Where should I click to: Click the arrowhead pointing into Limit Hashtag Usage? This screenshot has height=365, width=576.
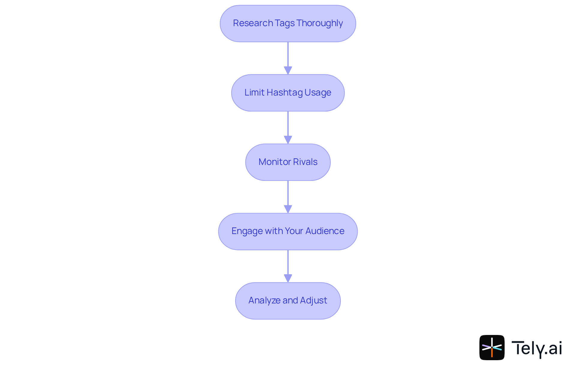click(x=288, y=71)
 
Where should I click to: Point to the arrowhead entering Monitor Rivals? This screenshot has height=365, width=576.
click(x=288, y=140)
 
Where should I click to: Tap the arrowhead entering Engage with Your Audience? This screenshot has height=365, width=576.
click(x=288, y=209)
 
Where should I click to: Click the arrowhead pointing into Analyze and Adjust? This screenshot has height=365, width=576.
click(x=288, y=278)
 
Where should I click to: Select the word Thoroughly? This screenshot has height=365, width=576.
click(x=319, y=23)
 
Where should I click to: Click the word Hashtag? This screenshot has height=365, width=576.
click(x=284, y=93)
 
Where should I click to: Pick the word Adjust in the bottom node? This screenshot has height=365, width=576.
click(x=313, y=300)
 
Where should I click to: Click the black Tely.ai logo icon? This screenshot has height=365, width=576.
click(x=492, y=348)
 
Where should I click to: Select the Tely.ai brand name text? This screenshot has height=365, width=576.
click(x=536, y=348)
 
